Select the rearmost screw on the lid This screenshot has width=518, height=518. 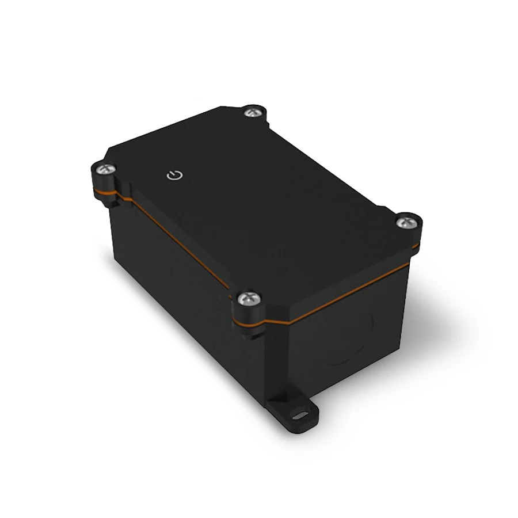tap(250, 113)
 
